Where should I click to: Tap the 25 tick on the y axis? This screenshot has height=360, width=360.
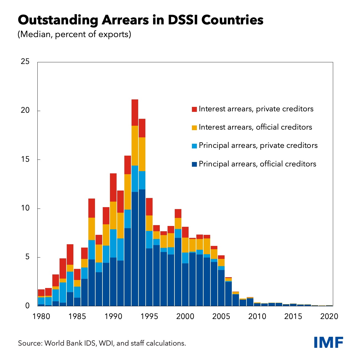click(x=25, y=62)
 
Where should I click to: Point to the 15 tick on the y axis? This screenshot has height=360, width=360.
click(x=25, y=160)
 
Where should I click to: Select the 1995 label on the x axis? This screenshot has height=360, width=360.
click(x=149, y=316)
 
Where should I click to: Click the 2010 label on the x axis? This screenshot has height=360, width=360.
click(x=257, y=316)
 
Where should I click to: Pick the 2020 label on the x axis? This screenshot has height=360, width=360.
click(x=329, y=316)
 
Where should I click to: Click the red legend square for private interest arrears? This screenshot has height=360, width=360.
click(x=194, y=109)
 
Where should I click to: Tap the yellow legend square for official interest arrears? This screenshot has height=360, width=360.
click(x=194, y=128)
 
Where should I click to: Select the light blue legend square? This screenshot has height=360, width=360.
click(x=194, y=146)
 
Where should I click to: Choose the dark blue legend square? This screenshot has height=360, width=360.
click(x=194, y=164)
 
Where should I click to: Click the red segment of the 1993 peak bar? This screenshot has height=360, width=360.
click(x=135, y=112)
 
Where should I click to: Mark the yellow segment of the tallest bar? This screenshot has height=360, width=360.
click(x=135, y=145)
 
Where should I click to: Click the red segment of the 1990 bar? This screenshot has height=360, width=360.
click(x=113, y=187)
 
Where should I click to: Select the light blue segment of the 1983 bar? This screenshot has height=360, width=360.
click(x=63, y=292)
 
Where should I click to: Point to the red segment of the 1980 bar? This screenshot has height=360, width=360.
click(x=41, y=293)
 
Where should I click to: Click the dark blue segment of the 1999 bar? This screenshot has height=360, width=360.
click(x=178, y=271)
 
